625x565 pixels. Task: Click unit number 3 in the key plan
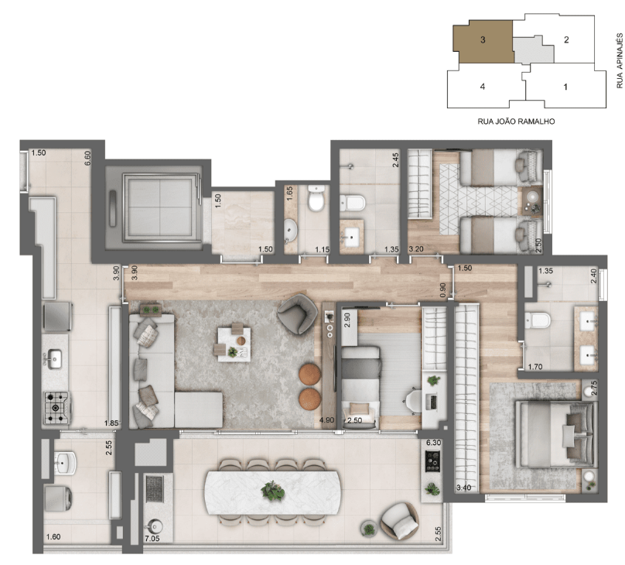[483, 39]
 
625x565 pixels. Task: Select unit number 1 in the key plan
[565, 87]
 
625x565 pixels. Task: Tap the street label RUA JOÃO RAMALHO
[516, 122]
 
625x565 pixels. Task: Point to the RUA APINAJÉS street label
[620, 60]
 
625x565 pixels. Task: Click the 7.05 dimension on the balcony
[152, 538]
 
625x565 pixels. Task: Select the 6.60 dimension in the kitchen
[87, 158]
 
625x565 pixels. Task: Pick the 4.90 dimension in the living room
[326, 419]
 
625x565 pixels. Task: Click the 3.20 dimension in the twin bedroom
[416, 249]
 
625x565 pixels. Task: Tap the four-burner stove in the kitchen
[56, 407]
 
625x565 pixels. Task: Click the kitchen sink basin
[54, 359]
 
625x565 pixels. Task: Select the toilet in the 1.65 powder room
[316, 198]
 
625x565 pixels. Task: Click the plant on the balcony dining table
[273, 491]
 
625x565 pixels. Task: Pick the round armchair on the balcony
[400, 521]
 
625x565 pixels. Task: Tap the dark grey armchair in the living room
[297, 313]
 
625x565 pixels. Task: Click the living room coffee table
[234, 344]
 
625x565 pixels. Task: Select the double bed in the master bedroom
[556, 434]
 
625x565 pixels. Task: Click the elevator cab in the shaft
[159, 207]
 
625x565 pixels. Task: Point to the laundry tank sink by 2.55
[64, 463]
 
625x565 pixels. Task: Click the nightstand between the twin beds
[532, 202]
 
